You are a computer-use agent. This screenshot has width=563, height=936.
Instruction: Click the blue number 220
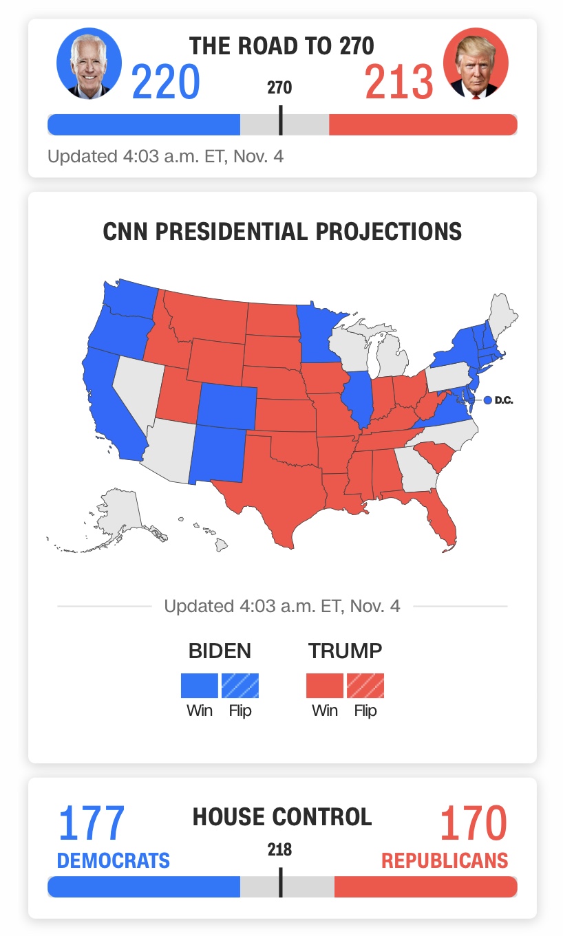pos(166,81)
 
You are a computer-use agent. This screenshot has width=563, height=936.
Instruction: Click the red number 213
pos(399,81)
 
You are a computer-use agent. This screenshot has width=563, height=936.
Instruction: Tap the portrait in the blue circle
pos(89,63)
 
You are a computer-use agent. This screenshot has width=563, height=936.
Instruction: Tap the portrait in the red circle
pos(476,63)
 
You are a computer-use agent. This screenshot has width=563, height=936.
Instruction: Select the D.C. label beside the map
pos(504,400)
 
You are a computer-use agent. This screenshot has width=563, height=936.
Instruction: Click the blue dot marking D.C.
pos(487,400)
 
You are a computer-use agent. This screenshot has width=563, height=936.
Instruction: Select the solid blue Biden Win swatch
pos(199,685)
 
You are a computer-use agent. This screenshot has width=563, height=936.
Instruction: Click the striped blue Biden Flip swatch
pos(240,685)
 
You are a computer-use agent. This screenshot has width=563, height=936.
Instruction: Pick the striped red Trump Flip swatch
pos(365,685)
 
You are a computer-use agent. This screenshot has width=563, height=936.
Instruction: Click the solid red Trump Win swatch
pos(325,685)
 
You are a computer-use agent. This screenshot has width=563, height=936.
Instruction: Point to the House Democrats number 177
pos(92,823)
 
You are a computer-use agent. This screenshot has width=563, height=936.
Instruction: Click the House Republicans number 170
pos(474,823)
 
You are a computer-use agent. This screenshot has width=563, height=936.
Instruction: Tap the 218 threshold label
pos(280,849)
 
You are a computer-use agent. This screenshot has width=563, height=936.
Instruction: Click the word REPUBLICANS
pos(445,861)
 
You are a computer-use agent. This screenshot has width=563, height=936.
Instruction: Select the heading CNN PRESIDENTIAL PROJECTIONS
pos(282,232)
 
